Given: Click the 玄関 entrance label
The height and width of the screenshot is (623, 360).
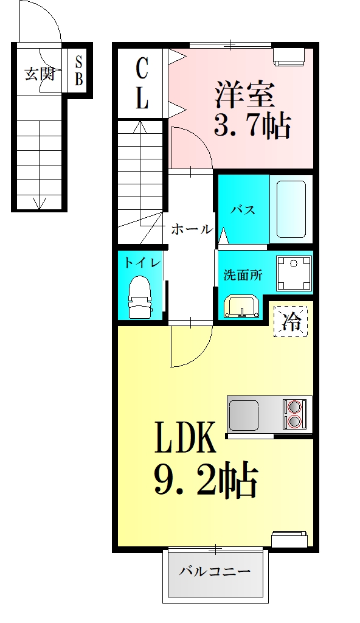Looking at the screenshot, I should [39, 74].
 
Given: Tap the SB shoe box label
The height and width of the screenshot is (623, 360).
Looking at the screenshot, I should [80, 71].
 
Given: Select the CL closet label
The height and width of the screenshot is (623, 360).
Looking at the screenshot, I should [142, 83].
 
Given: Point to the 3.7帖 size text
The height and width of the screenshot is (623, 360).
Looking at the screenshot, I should [251, 126].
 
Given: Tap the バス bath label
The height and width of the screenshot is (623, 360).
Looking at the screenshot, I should [242, 210].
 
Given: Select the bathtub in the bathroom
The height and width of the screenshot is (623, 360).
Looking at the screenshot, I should [291, 209].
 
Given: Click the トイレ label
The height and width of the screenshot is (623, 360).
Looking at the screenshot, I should [142, 263].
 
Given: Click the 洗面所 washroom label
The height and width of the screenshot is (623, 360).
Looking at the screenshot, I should [243, 274].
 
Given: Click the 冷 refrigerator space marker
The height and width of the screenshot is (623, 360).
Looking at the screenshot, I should [291, 320].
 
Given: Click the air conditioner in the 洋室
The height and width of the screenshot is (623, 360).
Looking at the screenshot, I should [289, 56].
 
